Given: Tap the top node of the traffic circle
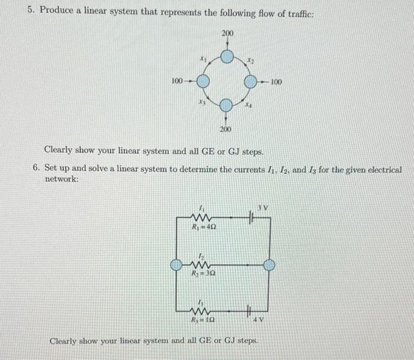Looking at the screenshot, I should click(227, 57).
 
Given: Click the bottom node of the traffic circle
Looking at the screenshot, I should click(226, 106).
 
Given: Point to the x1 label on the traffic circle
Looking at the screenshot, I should click(203, 59).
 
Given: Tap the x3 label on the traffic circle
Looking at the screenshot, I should click(202, 103).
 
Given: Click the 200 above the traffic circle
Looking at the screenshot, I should click(227, 33).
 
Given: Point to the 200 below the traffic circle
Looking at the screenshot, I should click(225, 129).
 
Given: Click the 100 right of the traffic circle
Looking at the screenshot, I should click(277, 82).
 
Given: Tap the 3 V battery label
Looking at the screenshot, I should click(263, 207).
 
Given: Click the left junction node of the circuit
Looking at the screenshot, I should click(176, 265).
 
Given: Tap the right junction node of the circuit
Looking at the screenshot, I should click(269, 265).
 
